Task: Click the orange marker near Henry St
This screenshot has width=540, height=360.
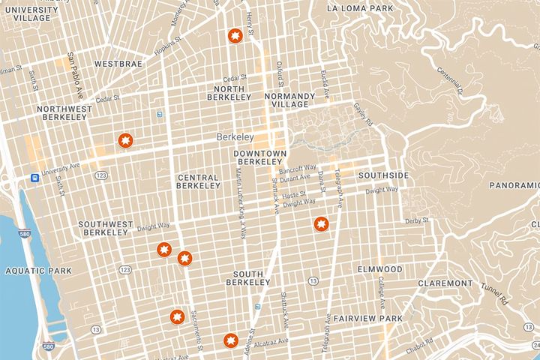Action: click(x=235, y=37)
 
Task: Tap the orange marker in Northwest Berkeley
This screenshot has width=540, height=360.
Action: click(x=125, y=139)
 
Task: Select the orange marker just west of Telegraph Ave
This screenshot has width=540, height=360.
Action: click(x=321, y=224)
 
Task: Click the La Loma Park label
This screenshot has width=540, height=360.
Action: click(x=359, y=8)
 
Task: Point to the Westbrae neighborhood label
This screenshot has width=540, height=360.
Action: click(x=118, y=64)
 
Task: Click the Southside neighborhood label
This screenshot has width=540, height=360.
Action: click(x=383, y=175)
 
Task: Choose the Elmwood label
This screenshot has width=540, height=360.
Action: click(x=380, y=268)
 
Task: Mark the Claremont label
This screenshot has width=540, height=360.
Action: click(x=445, y=283)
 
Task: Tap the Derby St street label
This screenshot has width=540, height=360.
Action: click(x=415, y=220)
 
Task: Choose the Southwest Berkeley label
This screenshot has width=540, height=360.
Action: click(x=105, y=228)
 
